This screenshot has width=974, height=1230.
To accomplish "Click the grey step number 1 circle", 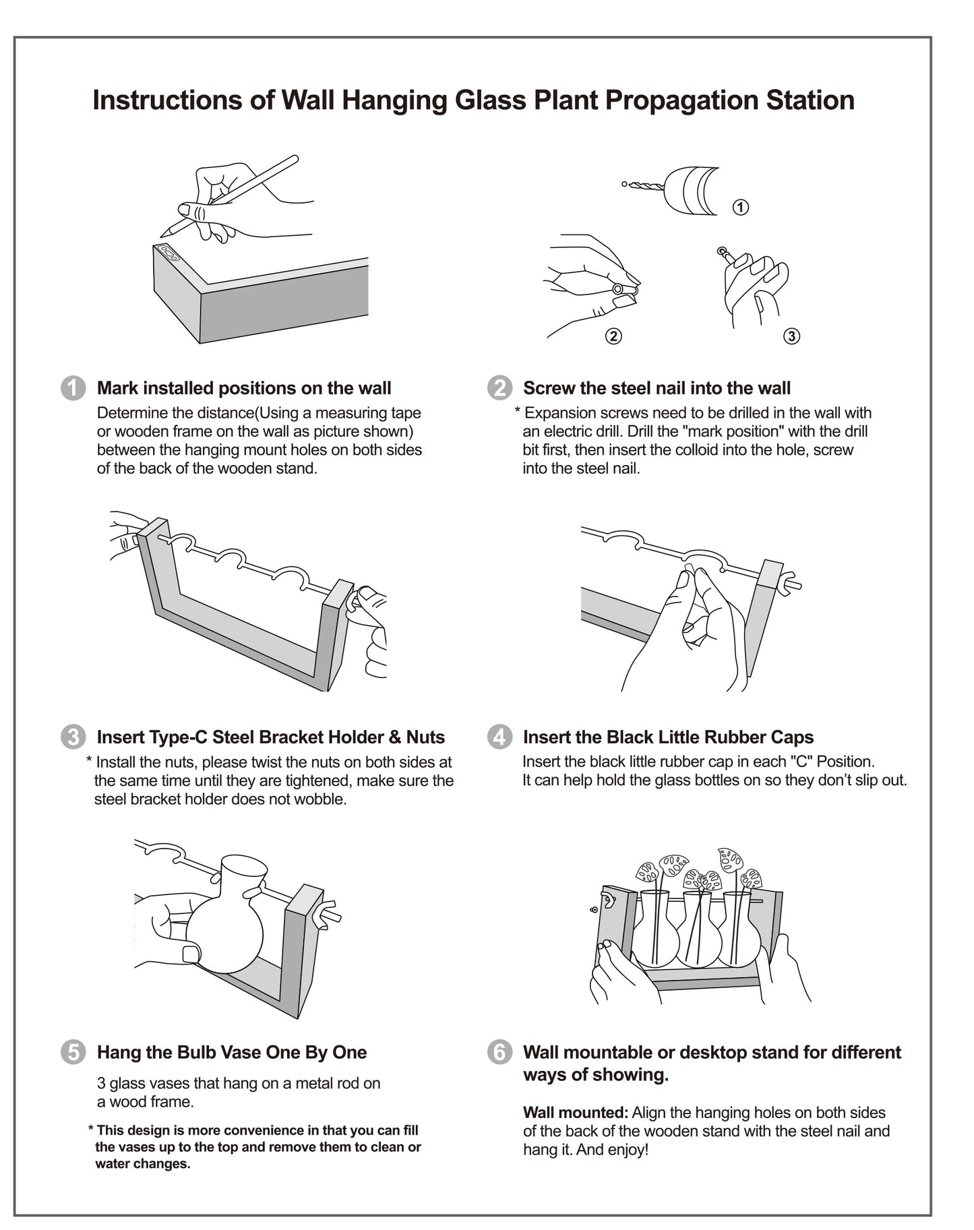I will click(73, 388).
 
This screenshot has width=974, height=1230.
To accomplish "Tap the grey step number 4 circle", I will click(499, 737).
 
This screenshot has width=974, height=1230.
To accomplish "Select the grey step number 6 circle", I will click(499, 1052).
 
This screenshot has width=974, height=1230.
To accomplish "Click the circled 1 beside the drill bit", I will click(741, 207).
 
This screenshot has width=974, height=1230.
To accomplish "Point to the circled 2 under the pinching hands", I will click(613, 336).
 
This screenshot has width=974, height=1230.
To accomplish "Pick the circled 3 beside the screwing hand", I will click(792, 336).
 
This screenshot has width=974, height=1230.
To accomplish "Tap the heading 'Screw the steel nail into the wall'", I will click(657, 388).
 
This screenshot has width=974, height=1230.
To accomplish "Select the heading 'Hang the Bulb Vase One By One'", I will click(232, 1052).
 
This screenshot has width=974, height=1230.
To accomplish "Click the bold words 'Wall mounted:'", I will click(575, 1113).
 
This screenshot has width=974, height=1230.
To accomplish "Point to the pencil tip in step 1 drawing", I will click(164, 233).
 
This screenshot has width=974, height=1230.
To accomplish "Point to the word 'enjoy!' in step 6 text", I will click(628, 1150).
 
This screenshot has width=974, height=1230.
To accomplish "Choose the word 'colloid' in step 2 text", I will click(695, 450).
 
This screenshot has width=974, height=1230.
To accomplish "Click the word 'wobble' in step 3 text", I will click(320, 799).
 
